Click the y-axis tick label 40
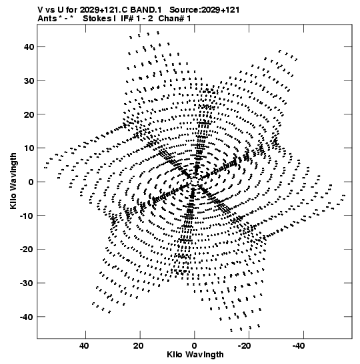pos(29,47)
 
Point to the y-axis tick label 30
pos(29,81)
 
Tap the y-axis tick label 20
pos(29,114)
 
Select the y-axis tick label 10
pos(29,148)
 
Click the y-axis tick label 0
pos(31,182)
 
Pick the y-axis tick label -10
pos(27,216)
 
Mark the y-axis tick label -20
pos(27,250)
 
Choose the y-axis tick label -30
pos(27,283)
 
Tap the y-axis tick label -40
pos(27,317)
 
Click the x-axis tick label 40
pos(84,346)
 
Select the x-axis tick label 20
pos(139,346)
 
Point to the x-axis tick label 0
pos(194,346)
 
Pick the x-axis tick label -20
pos(245,346)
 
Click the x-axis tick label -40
pos(299,346)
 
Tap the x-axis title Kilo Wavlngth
pos(195,355)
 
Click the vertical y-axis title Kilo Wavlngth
pos(13,181)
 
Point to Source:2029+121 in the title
pos(205,10)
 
